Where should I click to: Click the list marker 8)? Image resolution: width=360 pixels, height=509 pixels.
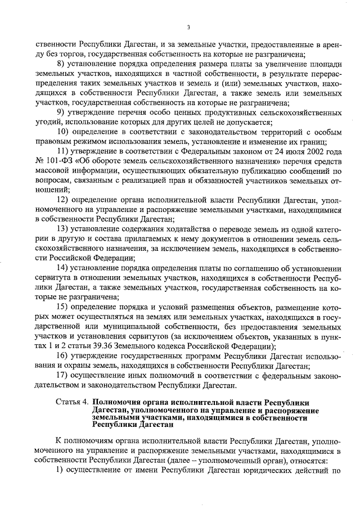(62, 64)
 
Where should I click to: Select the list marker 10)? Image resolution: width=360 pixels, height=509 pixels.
(64, 132)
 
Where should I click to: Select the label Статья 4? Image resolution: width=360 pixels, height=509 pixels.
(72, 403)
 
